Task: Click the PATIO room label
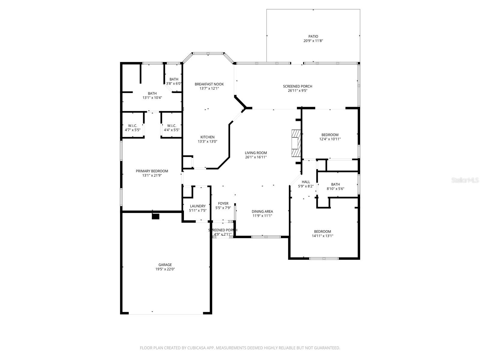coord(313,36)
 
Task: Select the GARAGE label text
coord(165,265)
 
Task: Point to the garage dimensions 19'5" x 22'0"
coord(165,269)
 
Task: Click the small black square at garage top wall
coord(155,216)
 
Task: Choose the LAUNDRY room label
coord(198,206)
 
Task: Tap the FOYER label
coord(223,203)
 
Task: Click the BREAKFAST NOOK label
coord(209,84)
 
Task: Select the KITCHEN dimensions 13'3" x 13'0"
coord(207,142)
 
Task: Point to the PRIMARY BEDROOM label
coord(152,171)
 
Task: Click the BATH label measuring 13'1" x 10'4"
coord(152,93)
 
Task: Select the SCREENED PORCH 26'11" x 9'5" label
coord(297,86)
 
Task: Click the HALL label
coord(306,182)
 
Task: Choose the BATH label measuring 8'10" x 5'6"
coord(335,184)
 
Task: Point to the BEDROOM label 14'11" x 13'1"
coord(322,231)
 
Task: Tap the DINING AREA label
coord(262,211)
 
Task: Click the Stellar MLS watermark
coord(467,180)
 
